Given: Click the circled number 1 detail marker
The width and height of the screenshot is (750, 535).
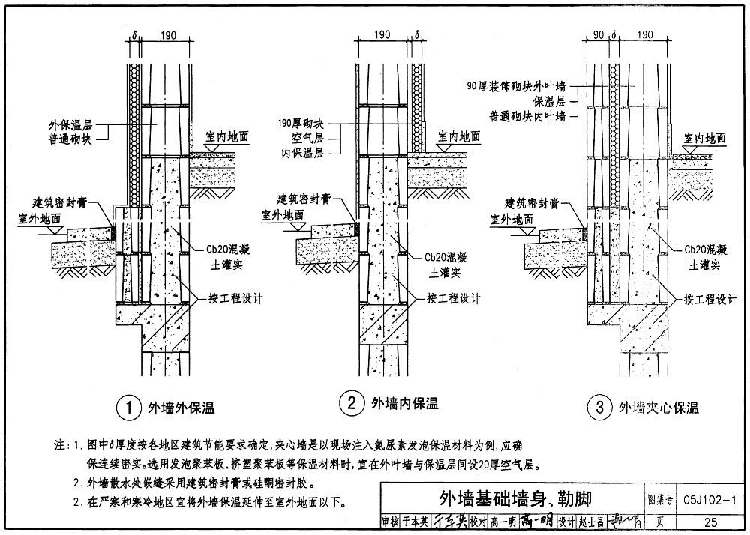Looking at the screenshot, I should click(x=129, y=408).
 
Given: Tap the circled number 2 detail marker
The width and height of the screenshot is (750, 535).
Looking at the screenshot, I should click(x=351, y=405).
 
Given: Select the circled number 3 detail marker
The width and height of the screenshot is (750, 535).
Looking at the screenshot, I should click(x=599, y=408).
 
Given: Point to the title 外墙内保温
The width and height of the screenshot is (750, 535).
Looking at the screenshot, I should click(x=405, y=405).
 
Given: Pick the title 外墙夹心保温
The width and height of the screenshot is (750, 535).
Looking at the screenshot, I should click(x=658, y=408).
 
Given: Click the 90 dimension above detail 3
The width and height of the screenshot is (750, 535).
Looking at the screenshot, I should click(x=598, y=34).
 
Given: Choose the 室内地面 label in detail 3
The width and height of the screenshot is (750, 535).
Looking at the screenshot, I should click(x=704, y=138).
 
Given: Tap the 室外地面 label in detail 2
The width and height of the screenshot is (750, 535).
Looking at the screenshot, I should click(x=283, y=215).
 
